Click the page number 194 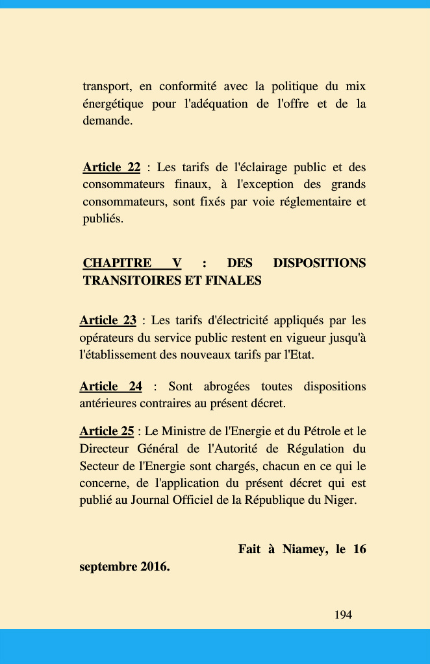click(343, 615)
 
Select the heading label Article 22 click(111, 167)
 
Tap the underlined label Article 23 click(108, 320)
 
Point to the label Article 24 click(110, 386)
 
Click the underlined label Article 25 click(107, 431)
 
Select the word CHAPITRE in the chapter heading click(117, 263)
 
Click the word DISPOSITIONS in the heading click(320, 263)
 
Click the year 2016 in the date click(154, 567)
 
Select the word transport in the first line click(108, 87)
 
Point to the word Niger click(341, 501)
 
